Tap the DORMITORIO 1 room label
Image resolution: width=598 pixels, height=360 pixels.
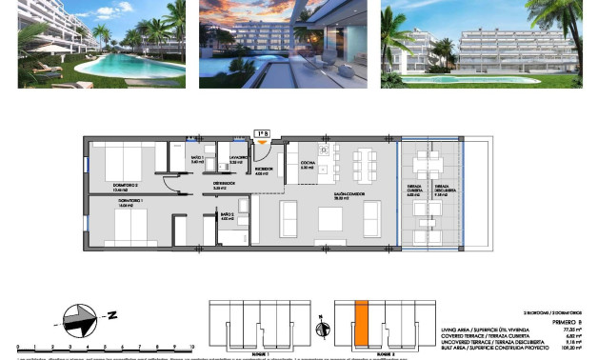(x=105, y=202)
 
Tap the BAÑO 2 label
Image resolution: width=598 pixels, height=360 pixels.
(x=227, y=216)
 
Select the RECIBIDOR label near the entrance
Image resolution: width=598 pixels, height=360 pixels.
(x=265, y=171)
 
